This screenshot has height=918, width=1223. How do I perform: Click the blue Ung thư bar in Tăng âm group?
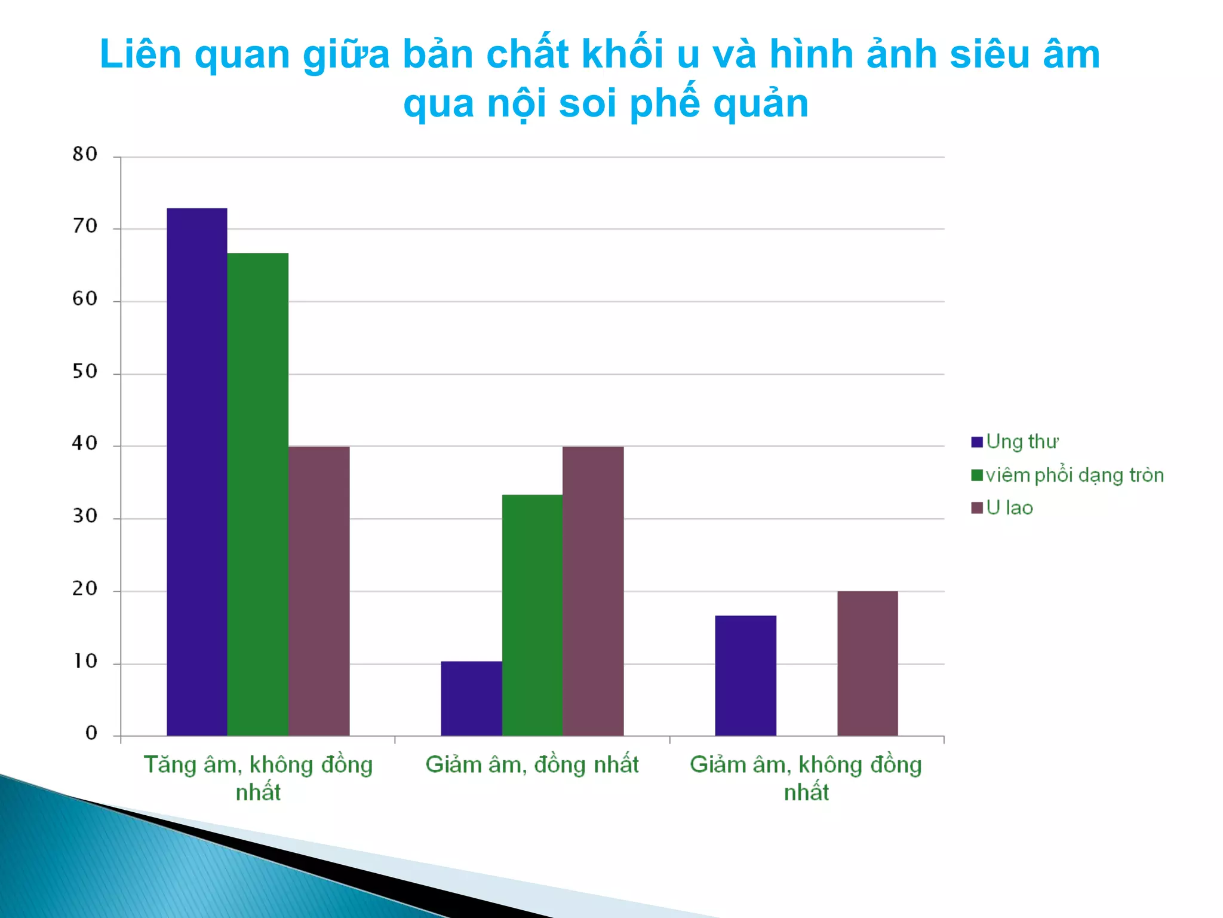click(x=196, y=472)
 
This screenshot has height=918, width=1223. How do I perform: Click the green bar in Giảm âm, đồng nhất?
click(x=532, y=615)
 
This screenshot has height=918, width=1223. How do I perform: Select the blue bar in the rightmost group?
click(x=745, y=675)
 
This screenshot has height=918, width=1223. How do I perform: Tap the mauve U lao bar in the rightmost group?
click(x=867, y=663)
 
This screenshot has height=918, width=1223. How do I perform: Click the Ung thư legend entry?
click(x=1015, y=442)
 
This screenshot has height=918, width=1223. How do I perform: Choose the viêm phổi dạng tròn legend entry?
click(x=1068, y=475)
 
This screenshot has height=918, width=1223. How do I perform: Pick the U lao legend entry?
click(x=1003, y=508)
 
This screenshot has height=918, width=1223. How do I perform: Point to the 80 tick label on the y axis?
click(x=85, y=154)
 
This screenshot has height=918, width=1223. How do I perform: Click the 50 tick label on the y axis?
click(x=85, y=372)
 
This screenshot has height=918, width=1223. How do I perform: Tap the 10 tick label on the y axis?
click(x=85, y=661)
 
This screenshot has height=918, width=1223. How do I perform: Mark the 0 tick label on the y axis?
click(x=91, y=733)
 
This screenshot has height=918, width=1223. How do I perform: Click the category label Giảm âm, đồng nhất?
click(x=531, y=765)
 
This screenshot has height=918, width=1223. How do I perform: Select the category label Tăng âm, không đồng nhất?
click(x=258, y=778)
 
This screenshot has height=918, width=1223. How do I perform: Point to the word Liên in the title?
click(x=141, y=55)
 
